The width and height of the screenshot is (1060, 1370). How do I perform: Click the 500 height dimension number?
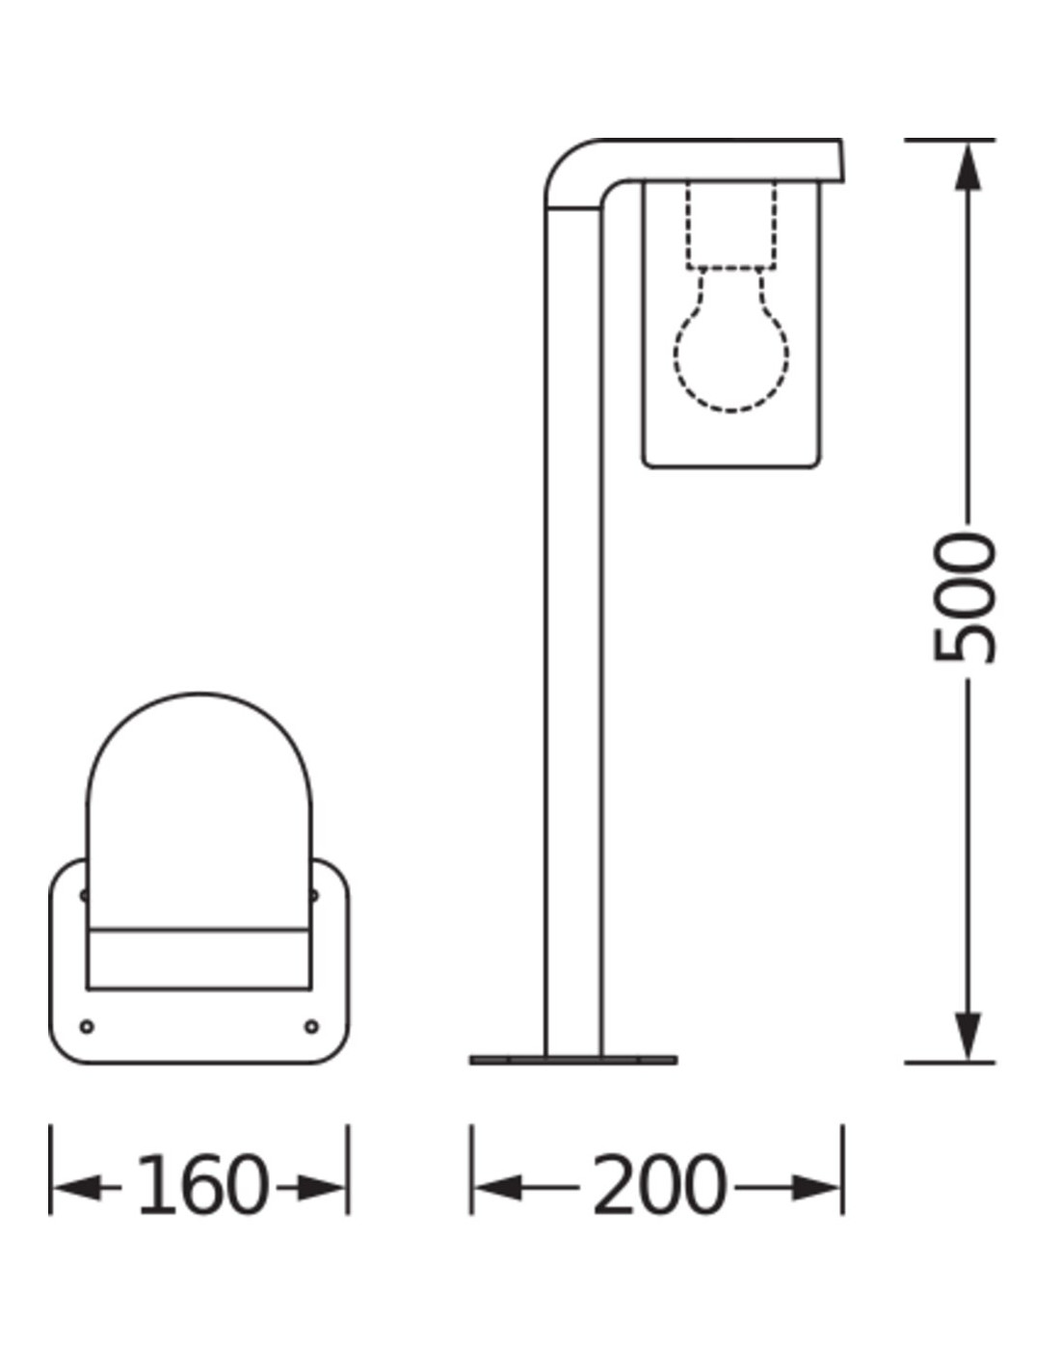point(965,597)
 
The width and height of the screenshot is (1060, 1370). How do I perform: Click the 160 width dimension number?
point(200,1185)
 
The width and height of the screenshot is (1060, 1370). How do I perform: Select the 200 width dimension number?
point(658,1185)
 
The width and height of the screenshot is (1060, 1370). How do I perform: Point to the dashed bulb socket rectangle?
point(731,224)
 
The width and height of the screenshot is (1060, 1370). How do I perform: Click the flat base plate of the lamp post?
point(573,1060)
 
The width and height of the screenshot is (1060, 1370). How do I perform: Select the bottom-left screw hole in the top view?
point(88,1026)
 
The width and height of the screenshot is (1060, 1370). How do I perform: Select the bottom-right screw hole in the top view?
point(311,1026)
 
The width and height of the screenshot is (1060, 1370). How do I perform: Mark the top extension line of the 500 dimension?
point(949,141)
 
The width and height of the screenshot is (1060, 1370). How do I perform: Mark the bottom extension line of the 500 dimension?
point(949,1063)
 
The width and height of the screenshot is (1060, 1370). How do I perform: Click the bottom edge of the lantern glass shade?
point(731,467)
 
